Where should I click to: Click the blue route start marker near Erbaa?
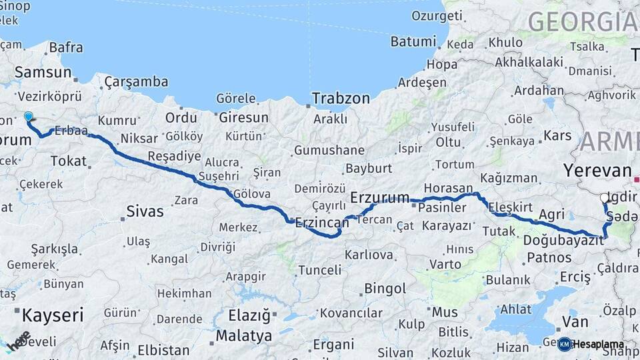pos(28,117)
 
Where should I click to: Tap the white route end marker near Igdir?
pos(604,197)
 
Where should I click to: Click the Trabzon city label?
pos(341,98)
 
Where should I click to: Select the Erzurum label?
pos(379,197)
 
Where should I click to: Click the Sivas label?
pos(145,212)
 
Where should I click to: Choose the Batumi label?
pos(413,41)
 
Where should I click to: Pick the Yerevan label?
pos(597,170)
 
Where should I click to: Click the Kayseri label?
pos(53,315)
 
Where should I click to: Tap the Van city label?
pos(575,322)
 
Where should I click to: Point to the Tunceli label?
pos(319,270)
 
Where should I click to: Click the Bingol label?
pos(385,289)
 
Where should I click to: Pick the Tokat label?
pos(69,161)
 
